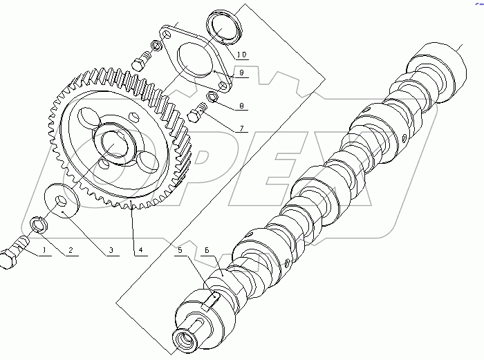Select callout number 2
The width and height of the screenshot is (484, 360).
(69, 250)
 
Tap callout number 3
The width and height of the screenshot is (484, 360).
(109, 250)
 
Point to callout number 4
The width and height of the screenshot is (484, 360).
(140, 250)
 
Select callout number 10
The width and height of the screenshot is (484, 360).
(242, 53)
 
